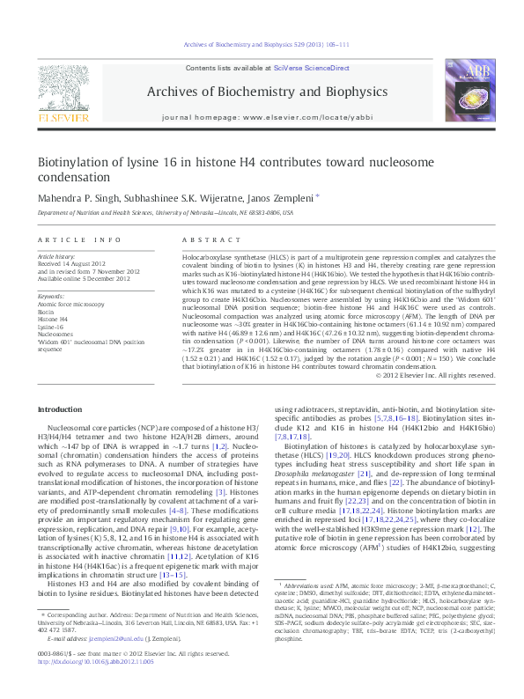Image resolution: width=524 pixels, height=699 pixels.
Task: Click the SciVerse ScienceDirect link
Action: tap(312, 68)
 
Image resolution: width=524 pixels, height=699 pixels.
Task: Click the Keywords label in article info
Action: tap(52, 297)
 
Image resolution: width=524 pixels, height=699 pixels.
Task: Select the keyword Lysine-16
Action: tap(51, 325)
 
